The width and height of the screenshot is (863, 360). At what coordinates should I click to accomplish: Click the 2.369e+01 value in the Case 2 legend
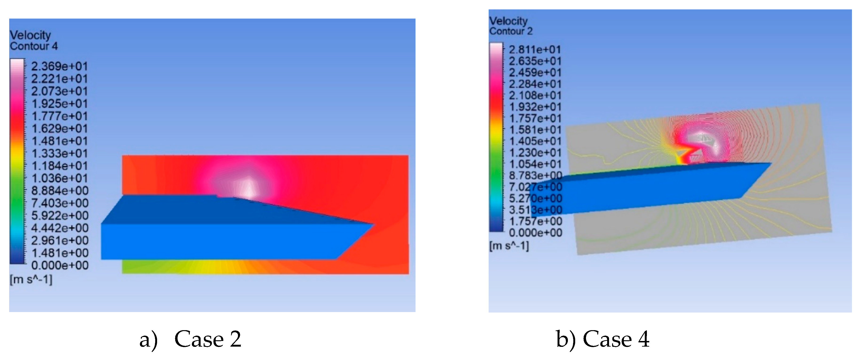point(59,66)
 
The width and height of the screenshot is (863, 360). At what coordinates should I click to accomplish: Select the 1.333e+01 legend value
point(59,153)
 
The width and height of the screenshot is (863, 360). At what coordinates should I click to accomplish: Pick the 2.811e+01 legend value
point(535,50)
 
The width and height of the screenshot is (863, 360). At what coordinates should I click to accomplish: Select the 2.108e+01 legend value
point(535,95)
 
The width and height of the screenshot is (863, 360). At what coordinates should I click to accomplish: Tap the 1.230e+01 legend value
point(535,153)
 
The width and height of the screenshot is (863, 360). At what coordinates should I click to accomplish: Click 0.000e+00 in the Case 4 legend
point(535,233)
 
